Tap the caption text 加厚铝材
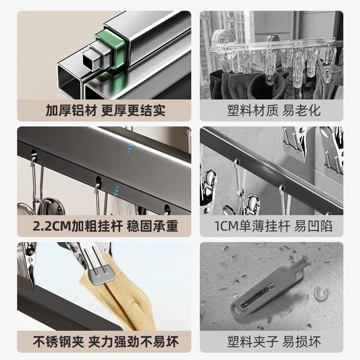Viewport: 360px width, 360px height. tap(71, 110)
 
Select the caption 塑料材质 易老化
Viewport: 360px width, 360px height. tap(274, 110)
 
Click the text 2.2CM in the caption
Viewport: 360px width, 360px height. tap(52, 226)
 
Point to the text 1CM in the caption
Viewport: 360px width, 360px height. tap(226, 226)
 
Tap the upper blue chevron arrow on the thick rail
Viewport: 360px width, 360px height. tap(130, 148)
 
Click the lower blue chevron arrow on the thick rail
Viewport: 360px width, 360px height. tap(117, 190)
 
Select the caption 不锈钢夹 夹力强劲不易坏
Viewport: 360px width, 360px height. tap(106, 342)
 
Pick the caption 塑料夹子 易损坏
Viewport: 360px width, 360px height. tap(274, 342)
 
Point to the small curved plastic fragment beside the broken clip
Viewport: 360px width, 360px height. tap(321, 294)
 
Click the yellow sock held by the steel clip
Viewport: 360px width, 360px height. tap(119, 296)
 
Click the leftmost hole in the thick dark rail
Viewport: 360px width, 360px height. tap(33, 153)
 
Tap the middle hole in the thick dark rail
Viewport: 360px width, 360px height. tap(98, 181)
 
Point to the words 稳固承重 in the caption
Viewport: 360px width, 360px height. tap(153, 226)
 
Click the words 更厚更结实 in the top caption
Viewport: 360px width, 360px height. tap(133, 110)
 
